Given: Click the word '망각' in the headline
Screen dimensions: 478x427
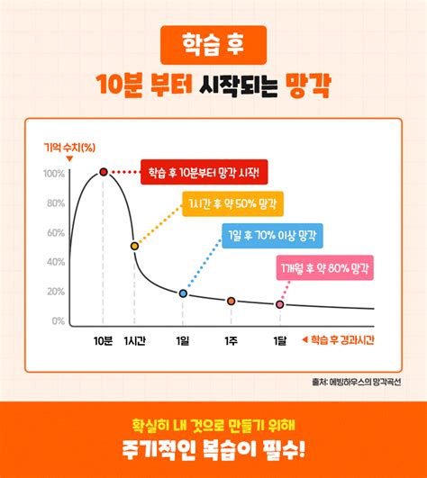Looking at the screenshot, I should pyautogui.click(x=307, y=86).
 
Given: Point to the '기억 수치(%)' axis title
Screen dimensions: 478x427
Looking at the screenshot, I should pyautogui.click(x=69, y=147).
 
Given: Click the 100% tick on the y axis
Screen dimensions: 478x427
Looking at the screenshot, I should pyautogui.click(x=54, y=173).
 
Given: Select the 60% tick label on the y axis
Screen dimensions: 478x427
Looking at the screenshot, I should pyautogui.click(x=55, y=232).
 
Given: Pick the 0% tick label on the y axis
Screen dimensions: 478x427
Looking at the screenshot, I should pyautogui.click(x=58, y=320).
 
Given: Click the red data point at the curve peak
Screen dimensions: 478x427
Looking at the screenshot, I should pyautogui.click(x=104, y=172).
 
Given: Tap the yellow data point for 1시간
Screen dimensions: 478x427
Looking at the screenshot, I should pyautogui.click(x=134, y=246).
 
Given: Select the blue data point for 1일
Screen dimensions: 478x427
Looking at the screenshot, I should pyautogui.click(x=183, y=293).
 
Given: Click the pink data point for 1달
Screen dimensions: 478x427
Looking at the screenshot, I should pyautogui.click(x=280, y=304).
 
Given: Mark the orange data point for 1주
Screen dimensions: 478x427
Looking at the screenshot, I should pyautogui.click(x=232, y=301).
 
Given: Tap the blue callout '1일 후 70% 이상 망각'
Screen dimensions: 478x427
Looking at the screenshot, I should pyautogui.click(x=273, y=236).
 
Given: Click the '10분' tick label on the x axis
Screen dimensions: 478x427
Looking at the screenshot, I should pyautogui.click(x=103, y=340).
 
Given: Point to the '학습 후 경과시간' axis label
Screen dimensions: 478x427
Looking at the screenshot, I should pyautogui.click(x=341, y=340).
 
